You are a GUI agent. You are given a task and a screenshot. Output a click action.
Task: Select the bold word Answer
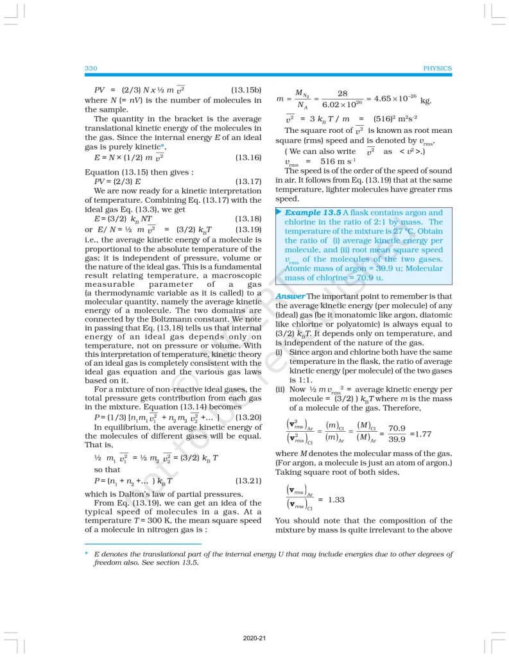(x=289, y=296)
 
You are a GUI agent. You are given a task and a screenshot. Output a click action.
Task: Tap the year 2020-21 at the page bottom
(x=254, y=638)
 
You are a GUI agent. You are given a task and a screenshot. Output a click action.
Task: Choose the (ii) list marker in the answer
(x=280, y=390)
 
